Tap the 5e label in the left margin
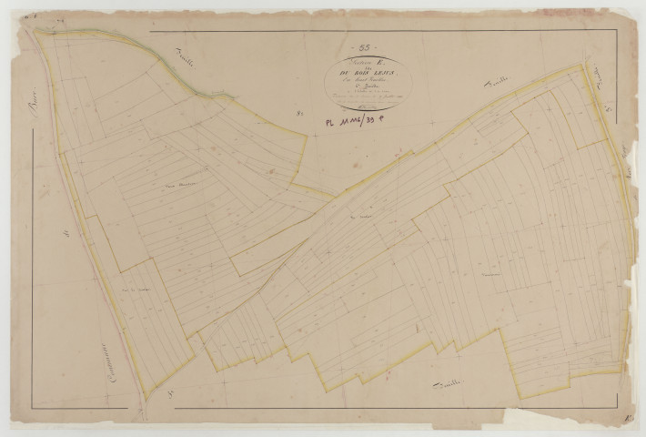point(66,234)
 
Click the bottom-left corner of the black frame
point(33,407)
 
